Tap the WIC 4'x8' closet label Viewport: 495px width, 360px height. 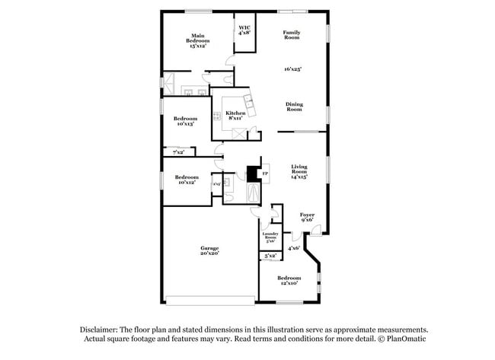click(244, 31)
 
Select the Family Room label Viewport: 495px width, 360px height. click(291, 34)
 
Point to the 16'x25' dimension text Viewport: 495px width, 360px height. click(292, 69)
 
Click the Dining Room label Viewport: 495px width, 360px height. click(294, 107)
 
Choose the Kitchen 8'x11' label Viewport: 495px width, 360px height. click(235, 116)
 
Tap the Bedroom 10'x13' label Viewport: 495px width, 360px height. click(185, 121)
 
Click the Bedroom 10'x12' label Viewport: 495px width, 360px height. click(186, 180)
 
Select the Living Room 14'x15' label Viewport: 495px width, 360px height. click(299, 172)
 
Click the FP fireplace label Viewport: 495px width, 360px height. click(265, 174)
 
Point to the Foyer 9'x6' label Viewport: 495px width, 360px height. click(307, 218)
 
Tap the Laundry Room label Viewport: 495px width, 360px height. click(270, 237)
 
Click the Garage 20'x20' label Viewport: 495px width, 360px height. click(209, 250)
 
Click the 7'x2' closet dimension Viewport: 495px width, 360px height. click(178, 153)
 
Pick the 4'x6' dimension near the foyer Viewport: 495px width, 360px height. click(294, 247)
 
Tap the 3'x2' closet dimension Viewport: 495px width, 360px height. click(270, 256)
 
